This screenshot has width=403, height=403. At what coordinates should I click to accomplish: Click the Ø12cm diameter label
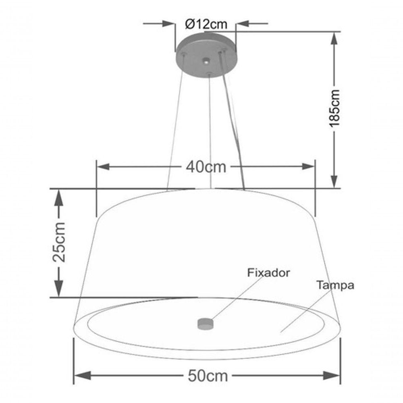click(x=206, y=24)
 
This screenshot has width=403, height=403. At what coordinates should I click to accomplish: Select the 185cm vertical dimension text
click(x=334, y=108)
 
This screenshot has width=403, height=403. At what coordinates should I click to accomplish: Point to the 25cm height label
click(x=59, y=242)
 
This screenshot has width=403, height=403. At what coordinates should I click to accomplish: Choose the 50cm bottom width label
click(x=208, y=376)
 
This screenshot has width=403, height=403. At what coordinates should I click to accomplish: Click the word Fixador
click(x=268, y=273)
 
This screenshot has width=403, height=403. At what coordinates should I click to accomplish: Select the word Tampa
click(x=335, y=285)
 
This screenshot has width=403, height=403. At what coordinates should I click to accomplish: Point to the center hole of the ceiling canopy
click(x=206, y=62)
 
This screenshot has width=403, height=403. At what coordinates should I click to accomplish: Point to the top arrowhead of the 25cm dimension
click(x=59, y=197)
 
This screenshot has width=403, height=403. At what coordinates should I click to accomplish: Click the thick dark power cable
click(x=234, y=121)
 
